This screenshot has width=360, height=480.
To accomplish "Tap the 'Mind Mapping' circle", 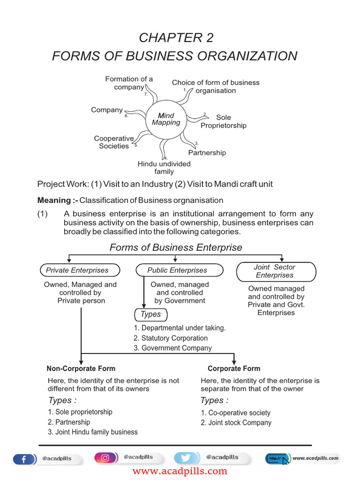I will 166,119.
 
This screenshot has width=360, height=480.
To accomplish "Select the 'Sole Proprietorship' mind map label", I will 223,121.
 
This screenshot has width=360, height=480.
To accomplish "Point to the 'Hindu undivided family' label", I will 164,168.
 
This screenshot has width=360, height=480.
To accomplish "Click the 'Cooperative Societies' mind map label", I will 113,142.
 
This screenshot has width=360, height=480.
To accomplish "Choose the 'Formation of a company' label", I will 129,83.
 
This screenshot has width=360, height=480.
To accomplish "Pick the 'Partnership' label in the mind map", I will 207,153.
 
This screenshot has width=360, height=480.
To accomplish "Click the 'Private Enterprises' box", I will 77,270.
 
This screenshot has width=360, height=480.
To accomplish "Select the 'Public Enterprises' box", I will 177,270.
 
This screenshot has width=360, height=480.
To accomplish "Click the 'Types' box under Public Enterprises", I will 150,315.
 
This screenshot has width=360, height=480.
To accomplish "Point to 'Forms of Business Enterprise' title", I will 176,247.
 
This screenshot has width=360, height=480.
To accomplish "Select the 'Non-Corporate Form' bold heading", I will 81,368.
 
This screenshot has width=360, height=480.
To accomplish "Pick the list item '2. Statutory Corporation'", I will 171,338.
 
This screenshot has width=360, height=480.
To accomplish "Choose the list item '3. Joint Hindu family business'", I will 93,432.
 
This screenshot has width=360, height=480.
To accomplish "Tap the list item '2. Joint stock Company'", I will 236,422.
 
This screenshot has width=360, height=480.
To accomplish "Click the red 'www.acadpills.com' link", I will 180,471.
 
